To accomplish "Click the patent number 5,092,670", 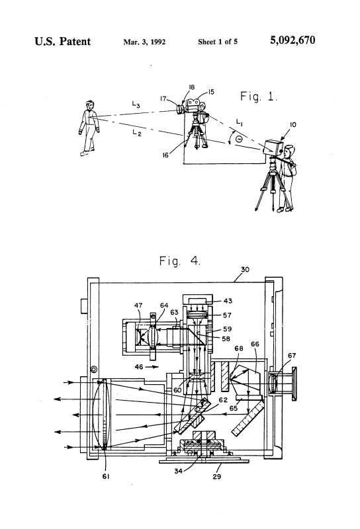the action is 292,40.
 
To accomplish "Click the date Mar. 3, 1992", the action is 144,42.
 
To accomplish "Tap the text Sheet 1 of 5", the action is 218,42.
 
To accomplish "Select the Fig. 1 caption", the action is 258,97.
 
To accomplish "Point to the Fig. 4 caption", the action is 179,261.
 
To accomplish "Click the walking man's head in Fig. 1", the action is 89,105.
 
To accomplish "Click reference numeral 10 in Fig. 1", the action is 292,124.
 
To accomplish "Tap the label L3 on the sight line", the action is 136,104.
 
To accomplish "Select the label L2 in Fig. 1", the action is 137,133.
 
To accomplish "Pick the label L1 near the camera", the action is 239,122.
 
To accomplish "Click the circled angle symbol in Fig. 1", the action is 239,138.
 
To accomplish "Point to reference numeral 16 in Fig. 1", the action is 165,155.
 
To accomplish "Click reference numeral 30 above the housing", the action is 245,269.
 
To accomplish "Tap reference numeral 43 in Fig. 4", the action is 228,301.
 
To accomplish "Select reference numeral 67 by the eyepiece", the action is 292,355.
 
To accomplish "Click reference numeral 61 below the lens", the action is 106,476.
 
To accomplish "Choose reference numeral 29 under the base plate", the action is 217,476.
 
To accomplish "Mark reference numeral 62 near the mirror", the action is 223,400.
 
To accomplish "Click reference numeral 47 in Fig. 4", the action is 138,305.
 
